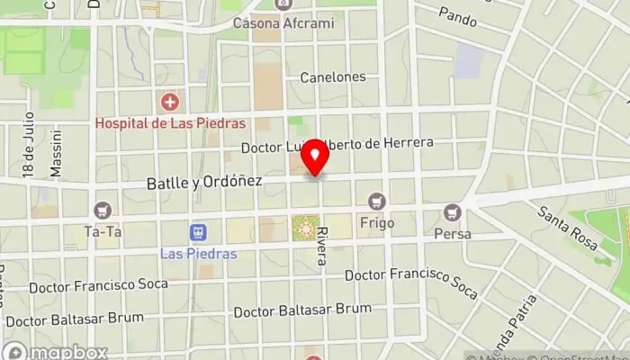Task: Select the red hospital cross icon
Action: click(x=168, y=102)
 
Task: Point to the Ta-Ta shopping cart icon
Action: click(x=103, y=210)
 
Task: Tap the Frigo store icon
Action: click(x=376, y=201)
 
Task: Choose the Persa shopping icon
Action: click(x=453, y=212)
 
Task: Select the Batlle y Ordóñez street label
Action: click(x=204, y=182)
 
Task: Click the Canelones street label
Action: click(x=333, y=76)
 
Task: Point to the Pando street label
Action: click(x=457, y=15)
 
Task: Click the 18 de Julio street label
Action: click(x=28, y=144)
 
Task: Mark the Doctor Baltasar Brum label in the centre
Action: click(x=302, y=311)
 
